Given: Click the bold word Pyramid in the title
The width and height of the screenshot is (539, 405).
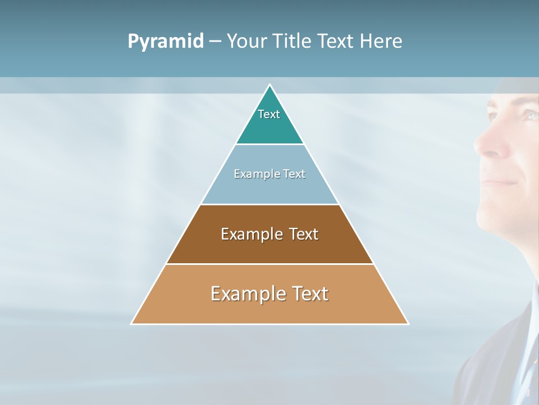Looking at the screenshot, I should [166, 42].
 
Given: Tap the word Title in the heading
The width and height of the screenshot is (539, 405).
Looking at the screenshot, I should [296, 42].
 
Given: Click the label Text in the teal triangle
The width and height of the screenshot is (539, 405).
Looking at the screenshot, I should [269, 114].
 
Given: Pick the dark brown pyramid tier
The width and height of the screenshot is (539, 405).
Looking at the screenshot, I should [269, 247].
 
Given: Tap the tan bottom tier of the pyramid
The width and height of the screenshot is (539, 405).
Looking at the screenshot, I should [269, 309].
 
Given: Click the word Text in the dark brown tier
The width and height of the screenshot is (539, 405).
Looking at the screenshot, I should [303, 234].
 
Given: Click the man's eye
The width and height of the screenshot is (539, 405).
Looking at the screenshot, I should [529, 115].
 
